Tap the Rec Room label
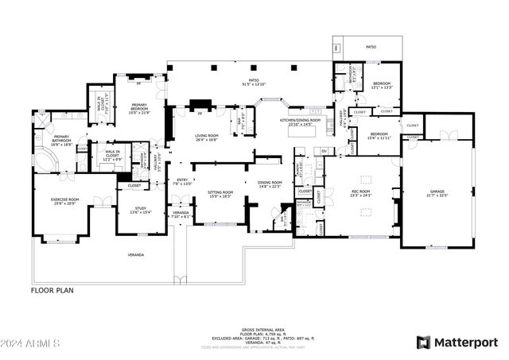(361, 193)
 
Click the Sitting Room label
(220, 194)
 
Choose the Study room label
(131, 210)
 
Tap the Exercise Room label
(65, 201)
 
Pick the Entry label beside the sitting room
(183, 180)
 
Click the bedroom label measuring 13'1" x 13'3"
(383, 85)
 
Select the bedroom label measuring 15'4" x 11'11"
(379, 135)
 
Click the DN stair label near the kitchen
(324, 151)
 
